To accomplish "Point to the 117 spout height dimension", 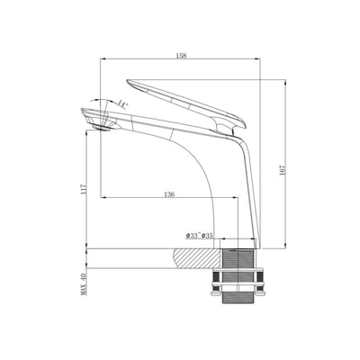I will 84,190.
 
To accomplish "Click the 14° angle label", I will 122,105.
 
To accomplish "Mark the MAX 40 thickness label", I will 83,287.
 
